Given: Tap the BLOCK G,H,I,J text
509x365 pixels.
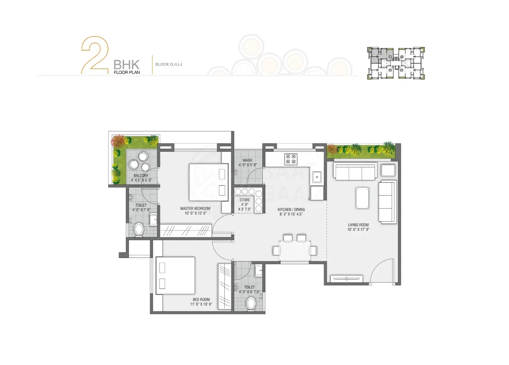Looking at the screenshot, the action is tap(169, 64).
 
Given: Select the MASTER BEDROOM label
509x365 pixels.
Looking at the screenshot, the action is tap(195, 209).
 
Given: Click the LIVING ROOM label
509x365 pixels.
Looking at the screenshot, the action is tap(358, 225).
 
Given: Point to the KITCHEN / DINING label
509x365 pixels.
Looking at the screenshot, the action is tap(291, 209).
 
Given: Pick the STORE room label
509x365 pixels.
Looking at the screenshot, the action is tap(245, 200).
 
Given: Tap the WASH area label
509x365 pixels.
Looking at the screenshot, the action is tap(247, 160).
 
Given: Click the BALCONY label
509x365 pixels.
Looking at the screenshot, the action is tap(141, 175).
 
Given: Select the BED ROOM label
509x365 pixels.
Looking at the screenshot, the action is tap(201, 300).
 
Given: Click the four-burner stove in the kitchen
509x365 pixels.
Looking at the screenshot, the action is tap(291, 159).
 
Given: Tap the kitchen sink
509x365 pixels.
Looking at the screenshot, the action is tap(317, 177).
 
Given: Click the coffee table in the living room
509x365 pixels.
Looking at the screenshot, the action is tap(362, 198).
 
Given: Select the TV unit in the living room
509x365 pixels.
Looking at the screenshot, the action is tap(346, 279).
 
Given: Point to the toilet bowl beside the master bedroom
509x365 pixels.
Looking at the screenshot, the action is tap(139, 230).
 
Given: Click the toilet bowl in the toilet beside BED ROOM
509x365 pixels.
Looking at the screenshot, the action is tap(251, 303).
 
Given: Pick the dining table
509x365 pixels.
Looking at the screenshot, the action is tap(295, 250).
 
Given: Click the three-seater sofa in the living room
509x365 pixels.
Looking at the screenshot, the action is tap(355, 171).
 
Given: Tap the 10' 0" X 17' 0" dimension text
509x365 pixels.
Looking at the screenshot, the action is tap(358, 230).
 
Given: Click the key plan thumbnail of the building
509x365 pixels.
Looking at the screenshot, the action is tap(396, 63).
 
